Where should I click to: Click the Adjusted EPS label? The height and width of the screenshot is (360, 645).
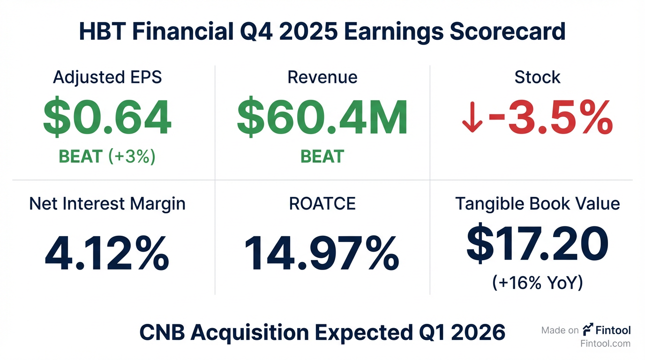pos(107,77)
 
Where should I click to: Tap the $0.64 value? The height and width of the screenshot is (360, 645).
pos(107,118)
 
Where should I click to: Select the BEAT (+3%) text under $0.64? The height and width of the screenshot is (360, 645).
pos(107,157)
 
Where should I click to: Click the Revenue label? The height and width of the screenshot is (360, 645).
pos(322,77)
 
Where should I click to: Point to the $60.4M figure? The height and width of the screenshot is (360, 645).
pos(322,118)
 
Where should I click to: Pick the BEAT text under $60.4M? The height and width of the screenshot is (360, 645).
pos(322,157)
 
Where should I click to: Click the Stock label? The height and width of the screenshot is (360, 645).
pos(537,77)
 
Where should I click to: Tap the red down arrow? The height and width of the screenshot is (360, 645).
pos(472,120)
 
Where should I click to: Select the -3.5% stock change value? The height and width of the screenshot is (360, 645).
pos(550,118)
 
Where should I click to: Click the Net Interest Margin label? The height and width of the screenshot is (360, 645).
pos(107,204)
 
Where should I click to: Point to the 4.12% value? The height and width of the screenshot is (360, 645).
pos(107,253)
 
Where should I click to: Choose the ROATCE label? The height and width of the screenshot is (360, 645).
pos(322,204)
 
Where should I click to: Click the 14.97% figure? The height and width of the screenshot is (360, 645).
pos(322,253)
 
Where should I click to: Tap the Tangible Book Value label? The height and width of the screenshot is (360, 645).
pos(537,204)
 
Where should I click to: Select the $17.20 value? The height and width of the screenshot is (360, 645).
pos(537,244)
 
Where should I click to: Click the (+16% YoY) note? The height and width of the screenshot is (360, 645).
pos(537,283)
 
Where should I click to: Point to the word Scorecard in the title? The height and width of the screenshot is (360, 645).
pos(507,32)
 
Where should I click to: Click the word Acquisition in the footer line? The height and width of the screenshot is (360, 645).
pos(250,333)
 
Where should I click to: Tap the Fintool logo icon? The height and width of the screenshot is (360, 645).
pos(588,330)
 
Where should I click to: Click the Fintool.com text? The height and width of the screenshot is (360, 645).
pos(605,344)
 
